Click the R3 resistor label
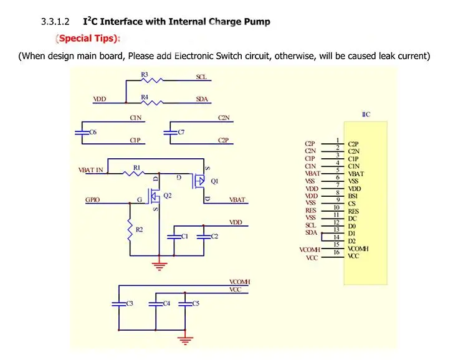coord(144,75)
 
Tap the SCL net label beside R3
coord(201,77)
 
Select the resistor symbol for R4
coord(153,102)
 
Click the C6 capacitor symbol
coord(80,132)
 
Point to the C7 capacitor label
coord(181,132)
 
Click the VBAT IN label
coord(91,169)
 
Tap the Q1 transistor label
coord(215,182)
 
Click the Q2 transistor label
coord(166,196)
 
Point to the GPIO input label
coord(92,201)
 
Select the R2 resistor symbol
coord(130,231)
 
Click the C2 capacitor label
coord(214,236)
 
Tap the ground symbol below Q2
coord(160,265)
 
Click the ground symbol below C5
coord(184,339)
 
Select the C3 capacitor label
coord(130,303)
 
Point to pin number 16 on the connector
coord(336,252)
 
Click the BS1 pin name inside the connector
coord(353,196)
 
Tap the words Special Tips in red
coord(88,39)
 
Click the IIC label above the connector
coord(366,115)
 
